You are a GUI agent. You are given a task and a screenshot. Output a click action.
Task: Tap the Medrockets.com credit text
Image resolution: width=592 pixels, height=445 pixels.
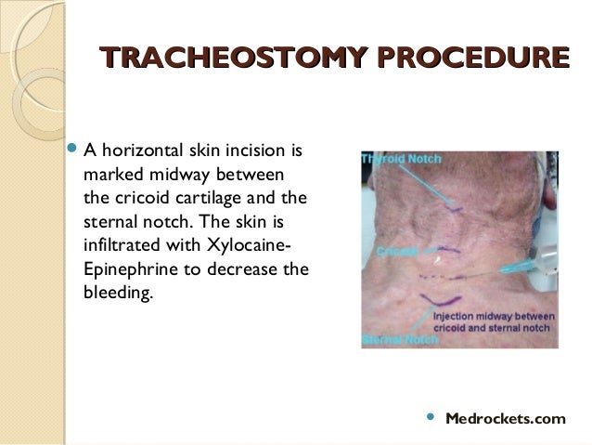tap(505, 419)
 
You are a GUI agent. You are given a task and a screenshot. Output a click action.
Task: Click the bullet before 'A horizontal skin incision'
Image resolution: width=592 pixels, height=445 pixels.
tap(74, 150)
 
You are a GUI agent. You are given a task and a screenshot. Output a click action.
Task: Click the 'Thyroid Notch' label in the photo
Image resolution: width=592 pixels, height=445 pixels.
tap(398, 159)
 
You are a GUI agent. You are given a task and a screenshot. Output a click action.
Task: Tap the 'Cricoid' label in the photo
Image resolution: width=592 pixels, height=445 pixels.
tap(395, 252)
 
